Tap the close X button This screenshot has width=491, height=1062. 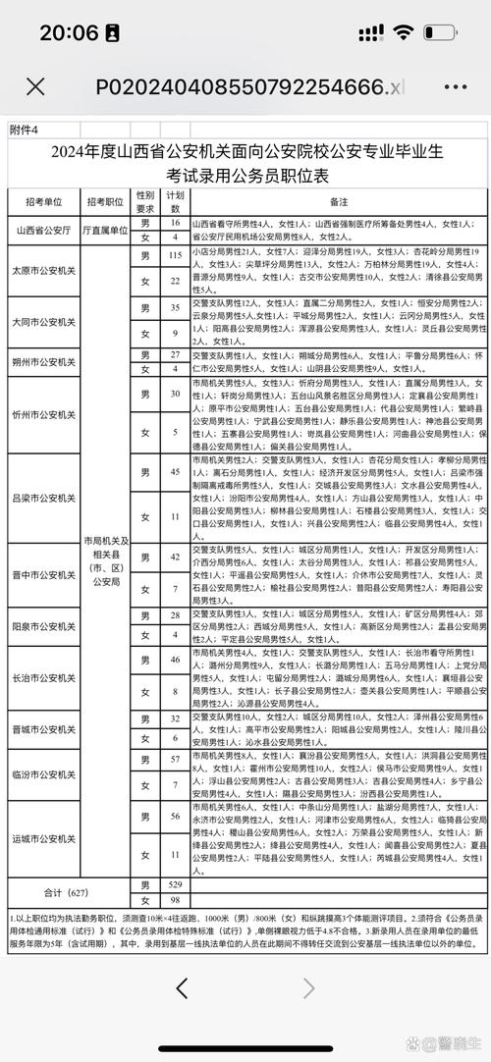pos(35,86)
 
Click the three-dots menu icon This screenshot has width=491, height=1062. pos(455,86)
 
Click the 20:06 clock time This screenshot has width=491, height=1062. pos(68,32)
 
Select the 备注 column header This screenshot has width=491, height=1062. pos(339,201)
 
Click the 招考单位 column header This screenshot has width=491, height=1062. pos(43,201)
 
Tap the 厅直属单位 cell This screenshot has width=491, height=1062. pos(105,231)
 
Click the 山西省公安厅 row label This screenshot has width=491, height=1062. pos(43,231)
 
